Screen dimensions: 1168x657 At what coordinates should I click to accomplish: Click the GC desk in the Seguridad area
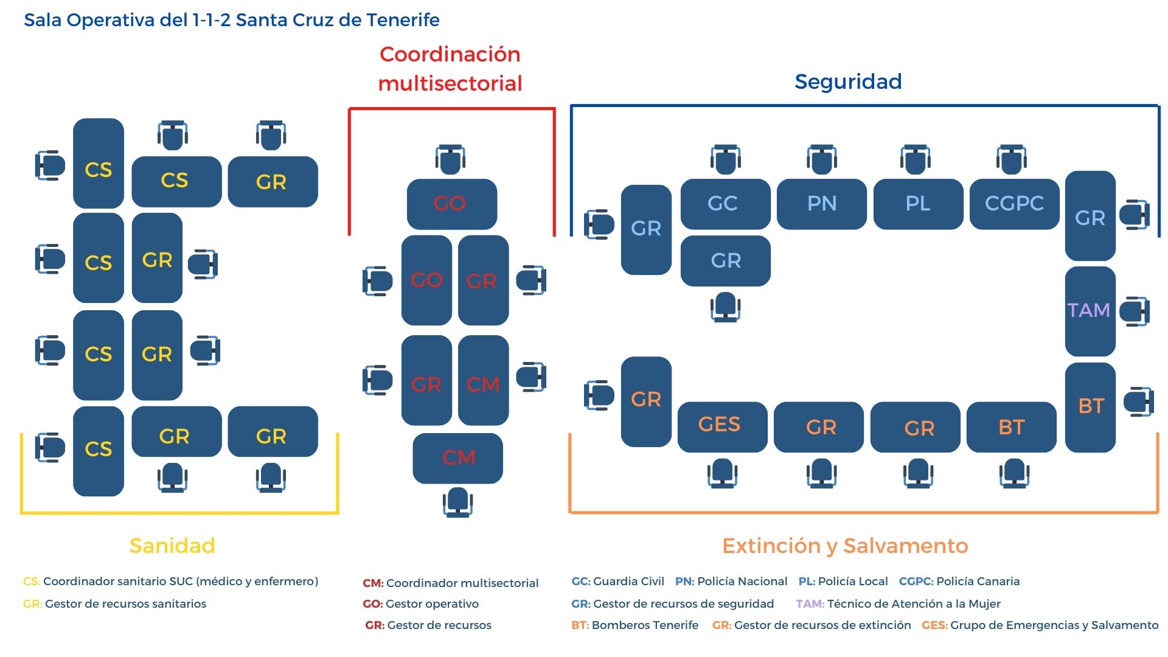[x=725, y=204]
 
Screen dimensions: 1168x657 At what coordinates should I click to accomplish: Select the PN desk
[x=822, y=204]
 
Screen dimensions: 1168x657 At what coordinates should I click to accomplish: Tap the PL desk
[x=918, y=204]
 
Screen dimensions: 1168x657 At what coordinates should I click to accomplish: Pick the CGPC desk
[x=1015, y=204]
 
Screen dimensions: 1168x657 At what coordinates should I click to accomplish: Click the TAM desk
[x=1090, y=311]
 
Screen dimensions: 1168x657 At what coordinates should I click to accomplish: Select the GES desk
[x=722, y=426]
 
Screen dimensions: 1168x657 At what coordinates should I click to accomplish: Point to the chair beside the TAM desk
[x=1135, y=311]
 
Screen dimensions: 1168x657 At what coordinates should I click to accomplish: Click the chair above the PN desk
[x=822, y=159]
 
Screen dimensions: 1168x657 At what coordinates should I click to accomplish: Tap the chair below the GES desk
[x=722, y=473]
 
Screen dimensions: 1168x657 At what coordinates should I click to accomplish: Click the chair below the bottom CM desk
[x=458, y=502]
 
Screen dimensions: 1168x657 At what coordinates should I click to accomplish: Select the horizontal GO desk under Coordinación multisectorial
[x=452, y=204]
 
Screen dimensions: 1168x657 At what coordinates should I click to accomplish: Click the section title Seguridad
[x=848, y=82]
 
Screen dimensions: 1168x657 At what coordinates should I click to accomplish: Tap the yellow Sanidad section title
[x=172, y=545]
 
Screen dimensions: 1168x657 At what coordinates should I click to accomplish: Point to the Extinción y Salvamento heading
[x=845, y=546]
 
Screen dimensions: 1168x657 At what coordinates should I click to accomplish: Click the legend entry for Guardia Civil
[x=617, y=581]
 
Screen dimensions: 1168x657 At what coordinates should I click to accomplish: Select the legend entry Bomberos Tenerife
[x=634, y=625]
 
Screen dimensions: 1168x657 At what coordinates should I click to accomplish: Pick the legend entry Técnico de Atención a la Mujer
[x=898, y=603]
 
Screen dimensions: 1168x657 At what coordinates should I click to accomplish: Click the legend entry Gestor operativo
[x=420, y=603]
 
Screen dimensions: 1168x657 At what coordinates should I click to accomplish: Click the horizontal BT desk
[x=1012, y=426]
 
